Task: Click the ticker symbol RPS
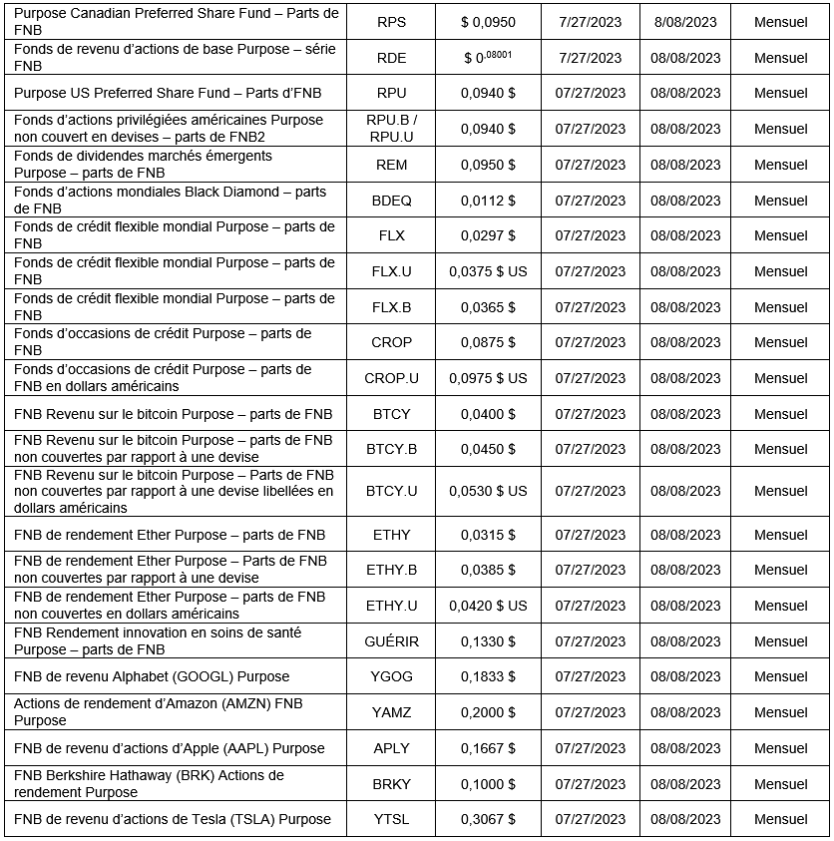pos(392,22)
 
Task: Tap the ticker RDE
pos(392,58)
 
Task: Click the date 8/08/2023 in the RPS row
pos(685,22)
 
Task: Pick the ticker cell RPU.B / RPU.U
pos(392,129)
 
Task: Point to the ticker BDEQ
pos(392,201)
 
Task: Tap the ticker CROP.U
pos(392,378)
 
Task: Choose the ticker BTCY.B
pos(392,449)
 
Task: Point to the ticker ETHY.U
pos(392,606)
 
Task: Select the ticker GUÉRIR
pos(392,641)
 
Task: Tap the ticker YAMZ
pos(392,712)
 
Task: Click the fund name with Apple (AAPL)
pos(170,748)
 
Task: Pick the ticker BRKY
pos(392,784)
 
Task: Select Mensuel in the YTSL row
pos(781,819)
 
